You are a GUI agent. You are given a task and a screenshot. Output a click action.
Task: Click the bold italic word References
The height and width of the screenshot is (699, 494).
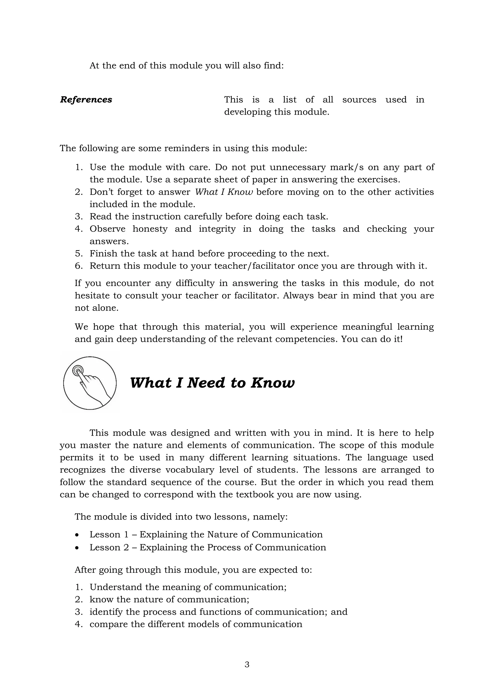86,99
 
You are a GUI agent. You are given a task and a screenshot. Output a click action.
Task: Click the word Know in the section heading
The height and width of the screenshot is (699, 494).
273,383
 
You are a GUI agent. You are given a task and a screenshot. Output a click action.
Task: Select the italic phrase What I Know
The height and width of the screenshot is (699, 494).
224,192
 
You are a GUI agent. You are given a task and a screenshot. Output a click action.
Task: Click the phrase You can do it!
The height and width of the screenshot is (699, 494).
372,339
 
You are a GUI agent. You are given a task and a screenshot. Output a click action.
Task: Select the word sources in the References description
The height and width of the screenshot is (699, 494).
359,99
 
